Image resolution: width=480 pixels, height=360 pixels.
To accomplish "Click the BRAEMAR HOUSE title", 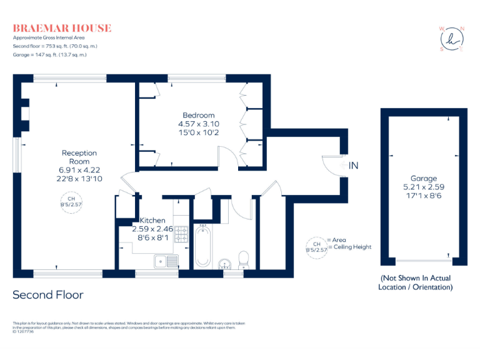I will click(62, 28).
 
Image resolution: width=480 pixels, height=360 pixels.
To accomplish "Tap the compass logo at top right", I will click(452, 39).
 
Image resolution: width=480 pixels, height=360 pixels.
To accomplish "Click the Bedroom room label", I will click(198, 115).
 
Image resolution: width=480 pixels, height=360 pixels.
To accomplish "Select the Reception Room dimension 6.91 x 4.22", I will click(79, 170).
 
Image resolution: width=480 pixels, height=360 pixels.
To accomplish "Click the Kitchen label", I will click(152, 221).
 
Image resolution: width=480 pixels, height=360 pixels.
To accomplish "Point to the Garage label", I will click(423, 178).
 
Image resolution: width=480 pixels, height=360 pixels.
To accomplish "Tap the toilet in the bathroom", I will click(244, 259).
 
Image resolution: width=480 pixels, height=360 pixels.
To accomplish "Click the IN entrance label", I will click(354, 166).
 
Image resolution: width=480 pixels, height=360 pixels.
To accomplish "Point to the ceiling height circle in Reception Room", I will click(70, 204).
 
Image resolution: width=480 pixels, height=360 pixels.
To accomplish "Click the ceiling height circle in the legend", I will click(316, 246).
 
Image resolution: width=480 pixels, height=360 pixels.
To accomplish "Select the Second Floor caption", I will click(48, 294).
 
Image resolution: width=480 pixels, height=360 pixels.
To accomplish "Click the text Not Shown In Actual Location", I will click(415, 282).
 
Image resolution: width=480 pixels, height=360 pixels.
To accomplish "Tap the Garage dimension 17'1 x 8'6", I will click(423, 196).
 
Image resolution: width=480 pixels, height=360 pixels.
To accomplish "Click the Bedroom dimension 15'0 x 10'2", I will click(198, 132).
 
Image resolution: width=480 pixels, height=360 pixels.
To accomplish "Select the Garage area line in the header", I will click(49, 55).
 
